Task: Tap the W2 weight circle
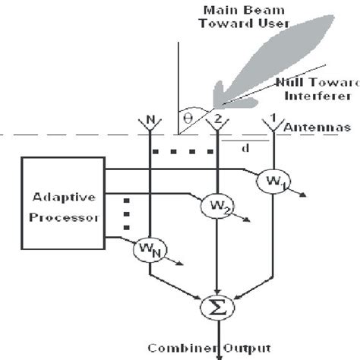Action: point(216,204)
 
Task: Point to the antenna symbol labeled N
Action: point(151,122)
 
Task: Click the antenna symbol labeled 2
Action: point(218,122)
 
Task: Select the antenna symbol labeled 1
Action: point(270,122)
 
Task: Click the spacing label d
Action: point(245,148)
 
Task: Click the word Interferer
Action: point(315,96)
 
